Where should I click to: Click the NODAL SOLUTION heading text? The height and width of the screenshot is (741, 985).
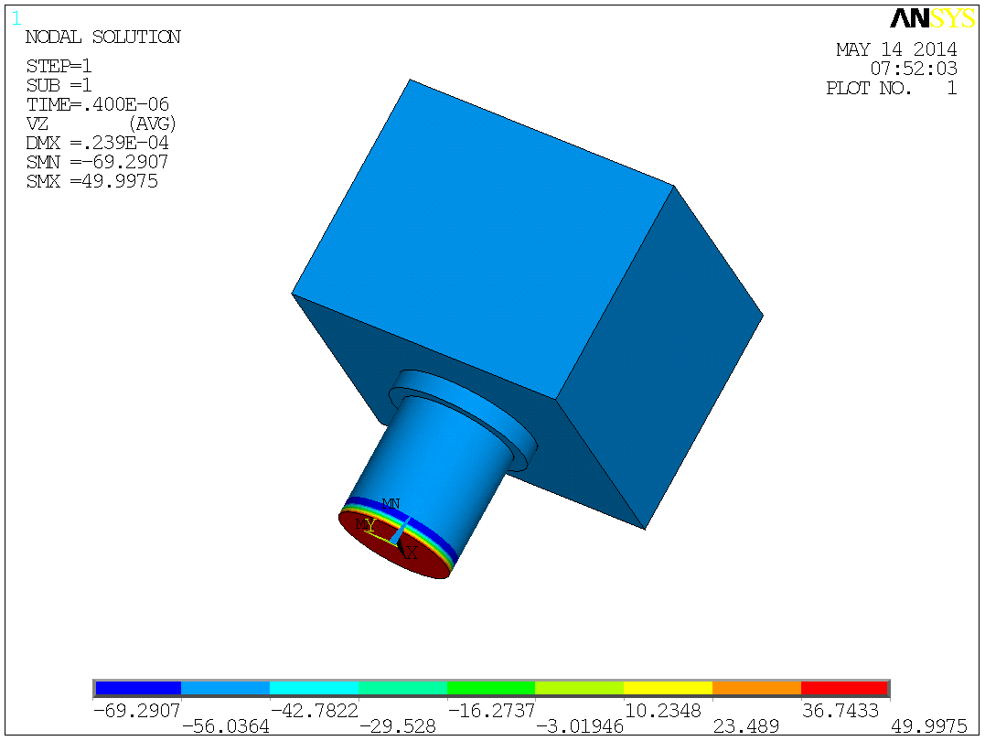pos(102,38)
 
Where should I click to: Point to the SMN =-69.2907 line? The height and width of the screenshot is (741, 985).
pos(97,162)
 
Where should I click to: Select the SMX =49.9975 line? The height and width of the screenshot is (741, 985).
pos(92,181)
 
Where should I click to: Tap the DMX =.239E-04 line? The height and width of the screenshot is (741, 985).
pos(97,143)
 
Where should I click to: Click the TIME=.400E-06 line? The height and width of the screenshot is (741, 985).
pos(97,104)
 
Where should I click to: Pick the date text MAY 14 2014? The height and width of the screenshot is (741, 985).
pos(896,49)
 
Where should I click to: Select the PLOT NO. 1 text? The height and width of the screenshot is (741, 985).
pos(891,89)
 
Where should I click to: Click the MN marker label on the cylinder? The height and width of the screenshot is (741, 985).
pos(391,504)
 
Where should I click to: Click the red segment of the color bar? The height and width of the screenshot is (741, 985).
pos(843,688)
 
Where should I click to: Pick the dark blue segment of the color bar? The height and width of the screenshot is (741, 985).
pos(137,688)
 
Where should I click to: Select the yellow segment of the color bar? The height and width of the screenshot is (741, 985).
pos(667,688)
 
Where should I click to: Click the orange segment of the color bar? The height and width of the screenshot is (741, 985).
pos(755,688)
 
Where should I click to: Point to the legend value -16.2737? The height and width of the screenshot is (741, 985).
pos(490,710)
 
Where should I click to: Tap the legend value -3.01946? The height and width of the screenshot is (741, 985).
pos(579,726)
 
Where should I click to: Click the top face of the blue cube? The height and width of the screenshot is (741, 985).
pos(482,238)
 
